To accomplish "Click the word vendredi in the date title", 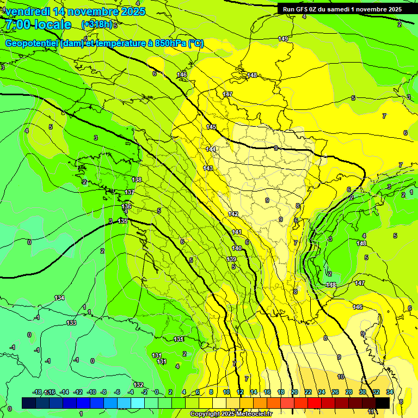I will (x=27, y=11).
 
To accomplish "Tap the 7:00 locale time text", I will (x=37, y=24).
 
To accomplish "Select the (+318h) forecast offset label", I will (x=97, y=24).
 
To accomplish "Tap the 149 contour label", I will (x=283, y=39).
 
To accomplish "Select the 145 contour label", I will (x=211, y=127).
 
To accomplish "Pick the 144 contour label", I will (x=211, y=149).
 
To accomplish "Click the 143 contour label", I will (x=208, y=168).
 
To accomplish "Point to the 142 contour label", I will (x=233, y=214).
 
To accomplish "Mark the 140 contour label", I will (x=237, y=248).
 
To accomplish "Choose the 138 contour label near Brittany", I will (x=137, y=180).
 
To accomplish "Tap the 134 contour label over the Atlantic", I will (x=59, y=298).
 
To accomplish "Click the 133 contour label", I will (x=71, y=323).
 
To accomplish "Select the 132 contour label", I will (x=139, y=385).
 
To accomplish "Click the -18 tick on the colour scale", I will (x=38, y=392).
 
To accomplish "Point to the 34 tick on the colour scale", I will (x=390, y=392).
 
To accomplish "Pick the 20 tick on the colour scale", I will (x=294, y=392).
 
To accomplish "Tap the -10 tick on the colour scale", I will (x=91, y=392).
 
